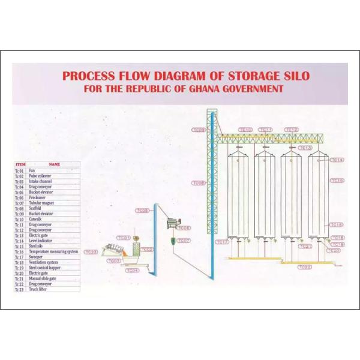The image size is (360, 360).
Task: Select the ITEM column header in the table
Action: coord(20,164)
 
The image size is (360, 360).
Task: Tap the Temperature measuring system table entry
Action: coord(55,251)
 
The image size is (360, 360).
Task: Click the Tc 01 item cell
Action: coord(20,170)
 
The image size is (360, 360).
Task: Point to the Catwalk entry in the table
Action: coord(38,219)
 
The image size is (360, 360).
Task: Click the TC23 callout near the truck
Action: coord(91,253)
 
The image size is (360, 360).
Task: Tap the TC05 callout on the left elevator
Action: coord(142,211)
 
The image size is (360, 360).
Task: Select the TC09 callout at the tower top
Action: coord(198,130)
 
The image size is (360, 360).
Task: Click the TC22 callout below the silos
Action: coord(305,266)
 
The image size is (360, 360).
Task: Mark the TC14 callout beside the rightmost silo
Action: coord(337,160)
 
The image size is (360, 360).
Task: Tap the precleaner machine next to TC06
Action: coord(174,223)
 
